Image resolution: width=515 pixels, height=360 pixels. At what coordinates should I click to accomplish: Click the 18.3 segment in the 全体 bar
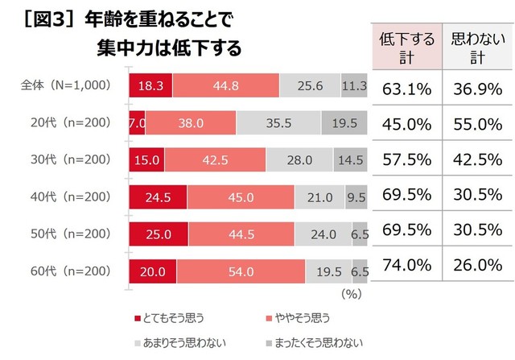150,86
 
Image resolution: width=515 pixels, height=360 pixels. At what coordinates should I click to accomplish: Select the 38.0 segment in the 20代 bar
191,123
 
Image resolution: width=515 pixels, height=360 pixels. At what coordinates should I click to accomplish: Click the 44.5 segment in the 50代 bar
237,234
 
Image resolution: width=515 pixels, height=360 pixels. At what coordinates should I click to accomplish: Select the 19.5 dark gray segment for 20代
344,123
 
